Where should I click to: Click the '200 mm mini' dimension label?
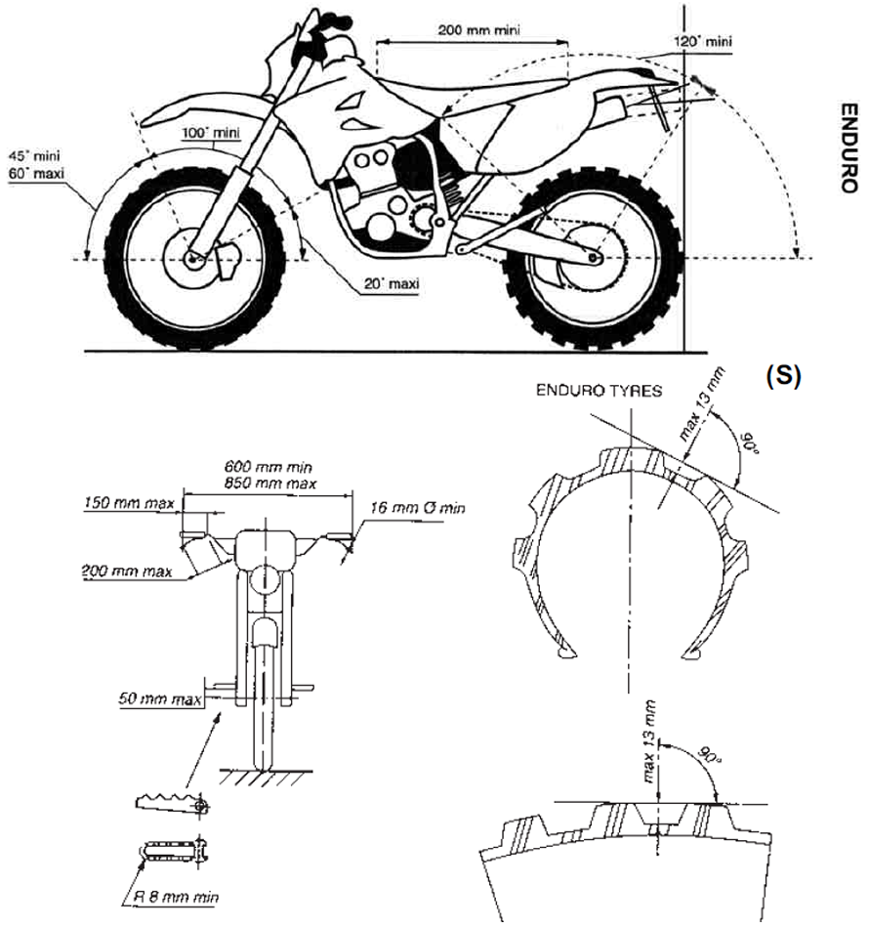(478, 29)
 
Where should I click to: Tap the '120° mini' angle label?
(700, 42)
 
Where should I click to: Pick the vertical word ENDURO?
(848, 147)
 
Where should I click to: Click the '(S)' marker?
(782, 378)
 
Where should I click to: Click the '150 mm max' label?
(127, 504)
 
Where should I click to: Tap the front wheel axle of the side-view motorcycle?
(193, 260)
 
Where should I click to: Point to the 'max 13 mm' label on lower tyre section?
(646, 735)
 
